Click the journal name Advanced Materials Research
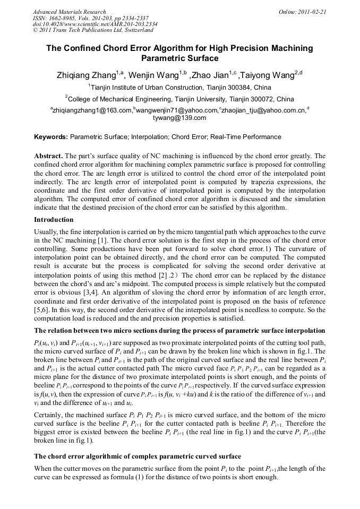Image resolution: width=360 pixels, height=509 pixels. click(69, 12)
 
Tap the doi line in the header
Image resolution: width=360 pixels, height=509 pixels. click(95, 24)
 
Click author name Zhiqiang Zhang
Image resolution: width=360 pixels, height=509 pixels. click(87, 75)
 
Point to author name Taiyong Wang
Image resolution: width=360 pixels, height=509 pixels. click(268, 75)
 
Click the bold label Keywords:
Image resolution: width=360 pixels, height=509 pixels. click(51, 137)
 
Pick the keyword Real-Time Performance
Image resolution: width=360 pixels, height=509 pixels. click(246, 137)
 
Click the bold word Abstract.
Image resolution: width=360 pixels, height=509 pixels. click(48, 156)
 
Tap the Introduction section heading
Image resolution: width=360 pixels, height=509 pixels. click(54, 220)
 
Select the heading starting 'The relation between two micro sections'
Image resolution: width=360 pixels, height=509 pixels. click(179, 331)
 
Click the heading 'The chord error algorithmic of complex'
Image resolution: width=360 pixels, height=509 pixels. click(138, 456)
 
